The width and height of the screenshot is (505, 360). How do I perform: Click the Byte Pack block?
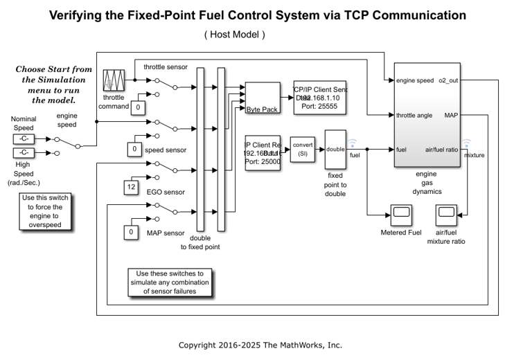pyautogui.click(x=261, y=98)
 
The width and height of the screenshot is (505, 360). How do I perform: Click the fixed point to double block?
pyautogui.click(x=335, y=148)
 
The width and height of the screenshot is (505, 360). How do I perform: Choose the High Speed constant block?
pyautogui.click(x=24, y=153)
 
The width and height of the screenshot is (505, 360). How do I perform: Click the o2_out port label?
pyautogui.click(x=448, y=81)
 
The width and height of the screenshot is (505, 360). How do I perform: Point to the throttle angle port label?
pyautogui.click(x=415, y=115)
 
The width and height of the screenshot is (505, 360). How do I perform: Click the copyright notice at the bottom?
pyautogui.click(x=260, y=345)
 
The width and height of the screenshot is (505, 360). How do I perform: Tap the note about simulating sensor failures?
pyautogui.click(x=170, y=282)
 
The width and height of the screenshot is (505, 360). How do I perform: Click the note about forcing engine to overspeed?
pyautogui.click(x=47, y=211)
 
